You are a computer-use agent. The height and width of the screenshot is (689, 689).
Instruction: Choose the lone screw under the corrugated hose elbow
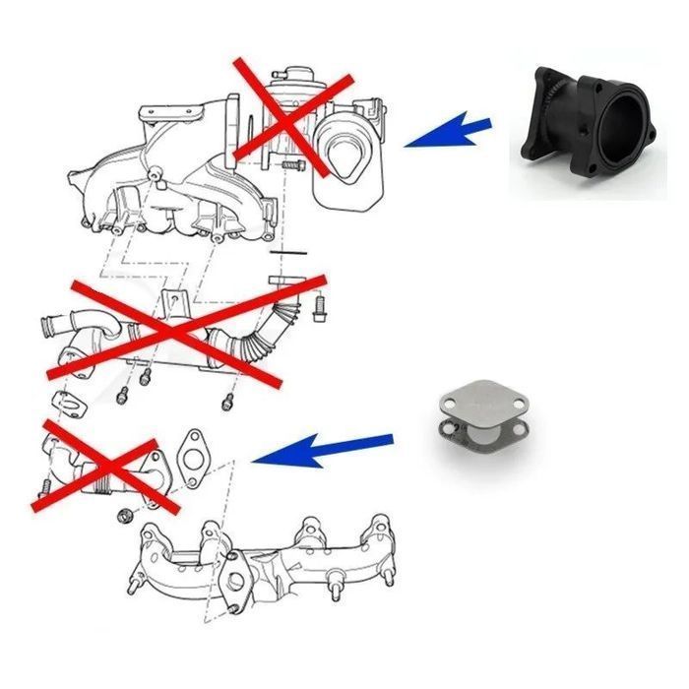point(226,402)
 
